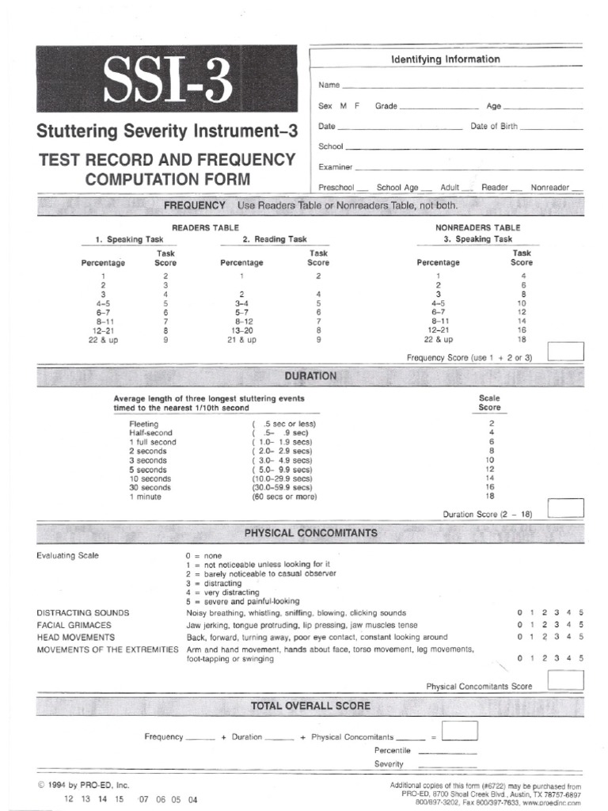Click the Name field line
462,86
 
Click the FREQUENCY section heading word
195,206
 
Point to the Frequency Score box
565,351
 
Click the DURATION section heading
310,376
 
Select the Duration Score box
565,508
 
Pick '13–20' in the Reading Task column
241,330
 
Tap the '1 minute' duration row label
146,497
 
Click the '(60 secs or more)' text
284,497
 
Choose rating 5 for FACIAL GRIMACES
581,625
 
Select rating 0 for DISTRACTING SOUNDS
520,613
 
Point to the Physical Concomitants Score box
565,680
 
